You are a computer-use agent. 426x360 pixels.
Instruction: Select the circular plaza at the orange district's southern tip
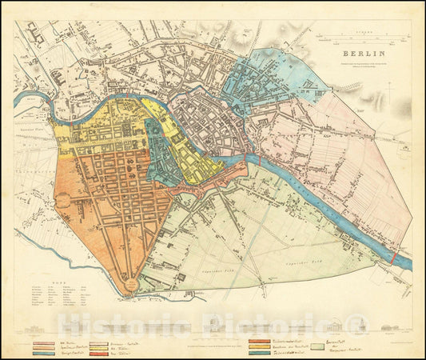click(128, 282)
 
